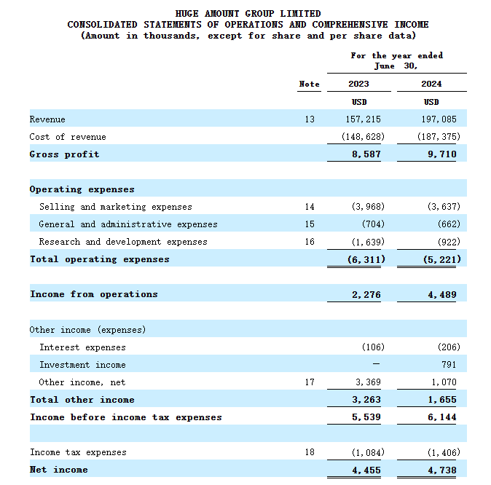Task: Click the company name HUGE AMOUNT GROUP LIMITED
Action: [x=248, y=13]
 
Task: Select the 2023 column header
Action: [x=358, y=84]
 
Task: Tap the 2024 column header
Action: [x=431, y=84]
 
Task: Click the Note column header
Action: [x=309, y=84]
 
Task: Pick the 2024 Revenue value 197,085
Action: [x=441, y=119]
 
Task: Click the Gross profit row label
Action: [x=64, y=154]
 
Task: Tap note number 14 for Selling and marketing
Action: [x=310, y=207]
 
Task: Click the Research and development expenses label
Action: [x=123, y=242]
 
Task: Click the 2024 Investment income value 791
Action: [x=450, y=365]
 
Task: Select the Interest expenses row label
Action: [x=82, y=347]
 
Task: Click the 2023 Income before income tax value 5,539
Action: [x=367, y=417]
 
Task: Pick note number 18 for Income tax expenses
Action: [x=310, y=452]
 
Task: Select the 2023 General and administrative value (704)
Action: [x=372, y=224]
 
